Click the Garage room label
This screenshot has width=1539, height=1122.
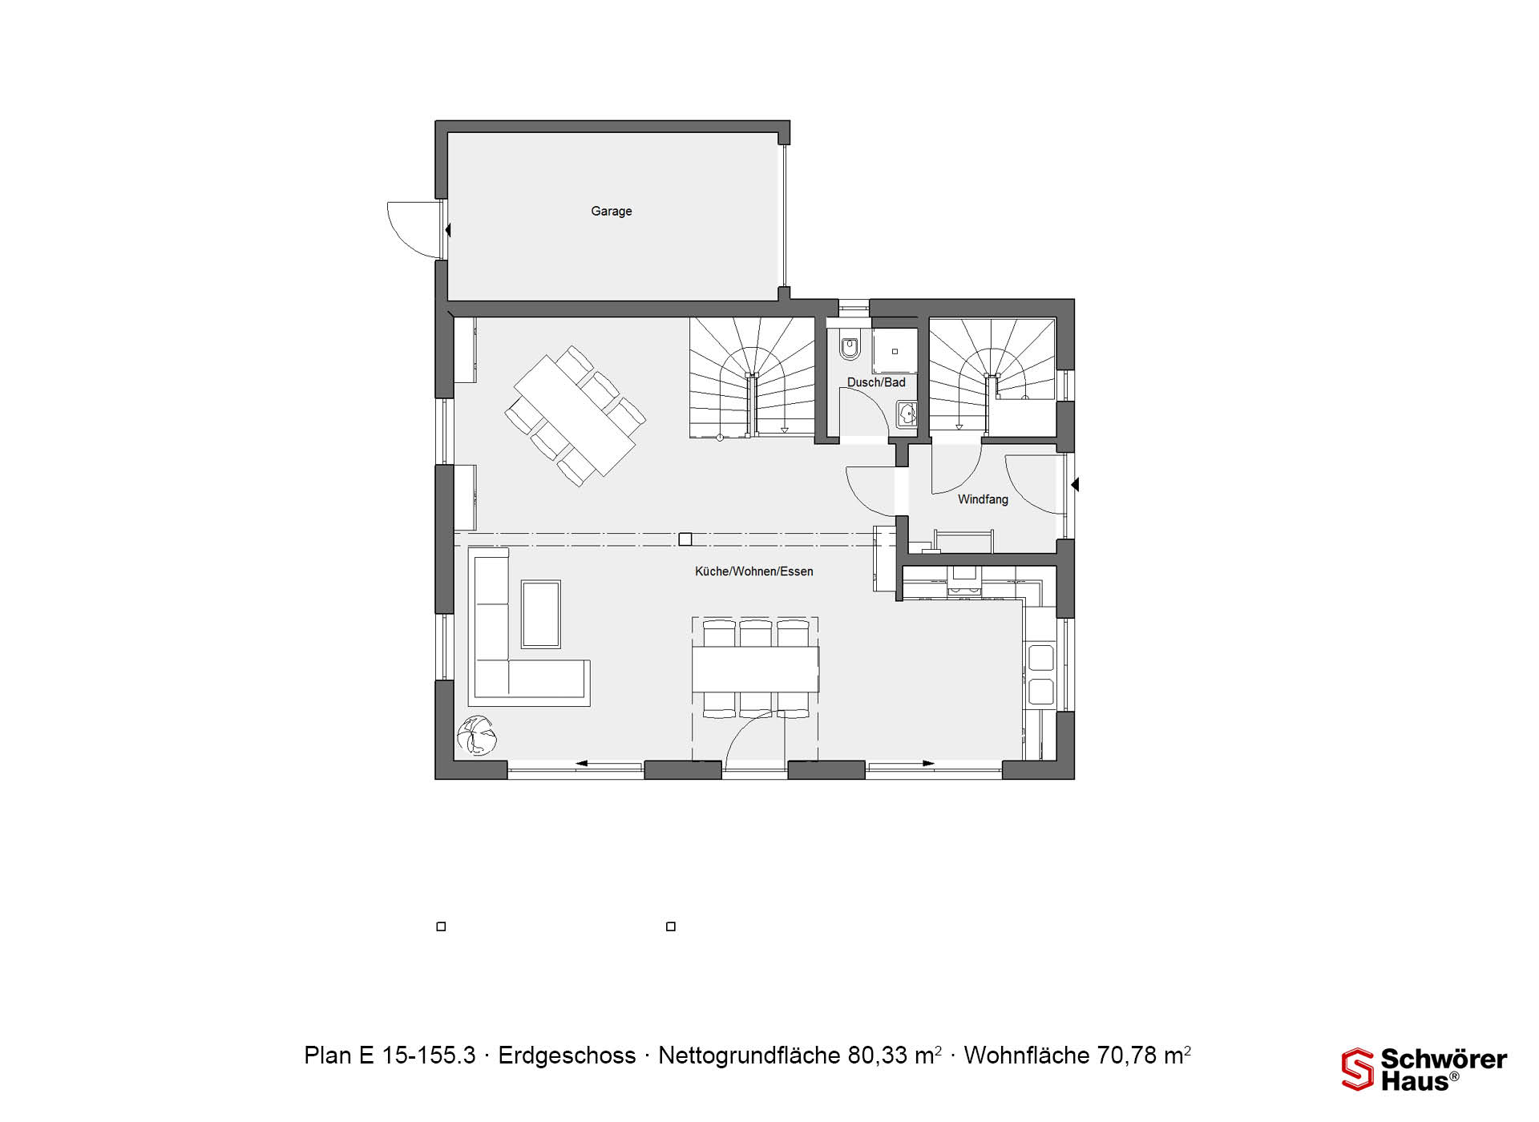coord(612,212)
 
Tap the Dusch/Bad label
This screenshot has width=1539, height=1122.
coord(876,382)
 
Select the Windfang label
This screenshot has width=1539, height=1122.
coord(983,499)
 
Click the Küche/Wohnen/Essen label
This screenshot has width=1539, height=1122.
coord(753,571)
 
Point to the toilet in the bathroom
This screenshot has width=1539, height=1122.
coord(850,345)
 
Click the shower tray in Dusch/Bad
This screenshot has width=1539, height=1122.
coord(895,351)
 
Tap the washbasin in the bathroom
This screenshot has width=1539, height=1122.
coord(907,414)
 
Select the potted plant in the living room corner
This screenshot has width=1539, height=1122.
coord(477,736)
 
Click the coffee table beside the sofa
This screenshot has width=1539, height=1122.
coord(541,615)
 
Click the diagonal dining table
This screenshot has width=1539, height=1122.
coord(575,417)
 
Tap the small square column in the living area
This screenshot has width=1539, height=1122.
coord(685,539)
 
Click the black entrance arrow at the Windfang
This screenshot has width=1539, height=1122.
coord(1075,485)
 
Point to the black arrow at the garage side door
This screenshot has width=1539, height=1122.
coord(447,231)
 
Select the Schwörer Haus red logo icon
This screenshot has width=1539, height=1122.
coord(1357,1069)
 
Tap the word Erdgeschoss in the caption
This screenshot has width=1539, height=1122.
coord(567,1056)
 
